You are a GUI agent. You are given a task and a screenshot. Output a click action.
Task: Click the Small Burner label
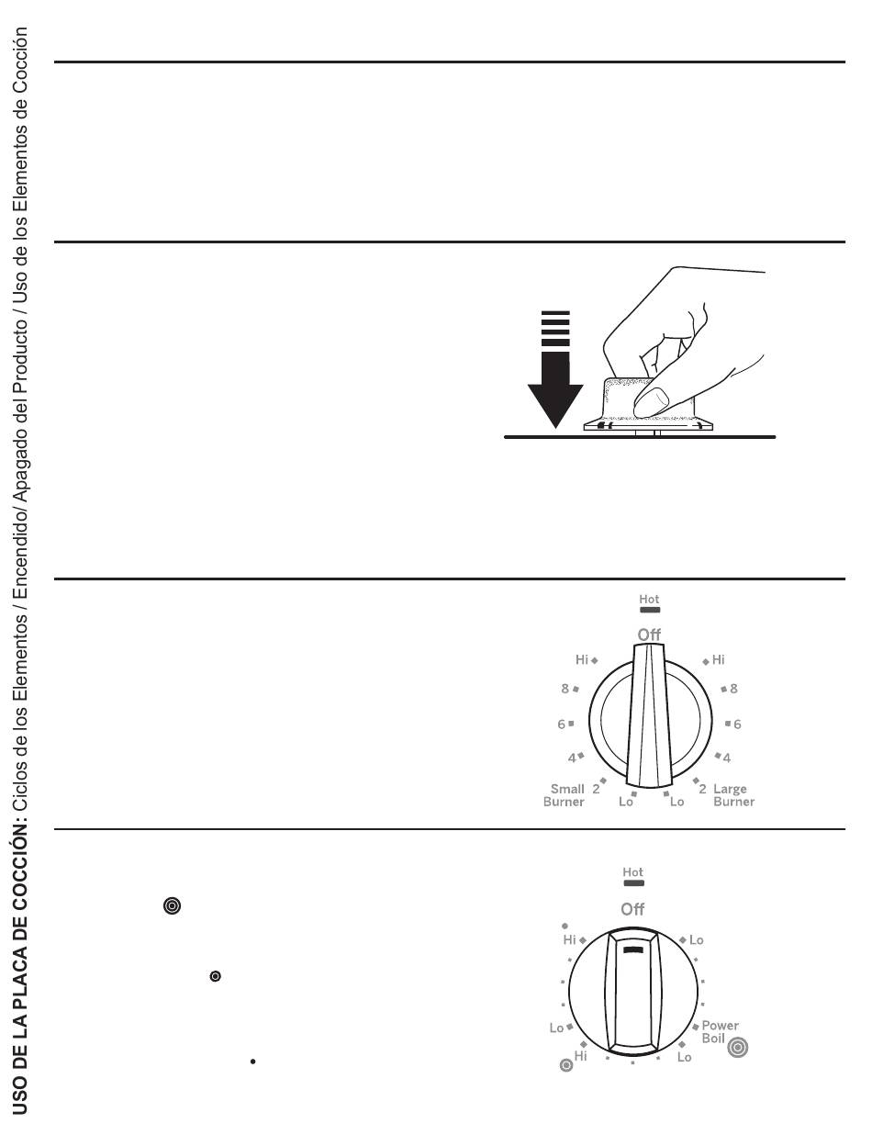[x=564, y=794]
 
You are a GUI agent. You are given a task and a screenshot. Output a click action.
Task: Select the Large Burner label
[x=733, y=794]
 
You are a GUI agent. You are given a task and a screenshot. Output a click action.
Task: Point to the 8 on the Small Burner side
[x=565, y=689]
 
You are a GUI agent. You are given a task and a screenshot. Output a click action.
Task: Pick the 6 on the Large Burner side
[x=737, y=725]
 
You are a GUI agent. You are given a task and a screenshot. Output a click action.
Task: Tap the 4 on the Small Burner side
[x=572, y=757]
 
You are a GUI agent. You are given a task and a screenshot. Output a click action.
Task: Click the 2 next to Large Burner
[x=702, y=789]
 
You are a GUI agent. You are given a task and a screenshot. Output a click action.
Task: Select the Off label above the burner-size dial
[x=649, y=635]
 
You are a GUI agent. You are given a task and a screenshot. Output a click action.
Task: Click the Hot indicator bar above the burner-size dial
[x=650, y=610]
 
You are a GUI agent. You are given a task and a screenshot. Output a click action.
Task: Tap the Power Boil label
[x=720, y=1031]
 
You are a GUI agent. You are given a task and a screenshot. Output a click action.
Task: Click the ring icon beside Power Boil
[x=737, y=1047]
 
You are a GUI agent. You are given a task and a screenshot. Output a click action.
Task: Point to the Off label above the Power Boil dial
[x=632, y=909]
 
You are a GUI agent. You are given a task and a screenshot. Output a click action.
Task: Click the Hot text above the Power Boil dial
[x=632, y=872]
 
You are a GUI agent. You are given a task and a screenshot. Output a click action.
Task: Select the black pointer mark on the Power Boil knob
[x=633, y=949]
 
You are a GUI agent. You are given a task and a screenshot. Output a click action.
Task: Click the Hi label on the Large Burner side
[x=718, y=660]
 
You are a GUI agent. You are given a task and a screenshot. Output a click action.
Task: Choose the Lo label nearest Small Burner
[x=626, y=802]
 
